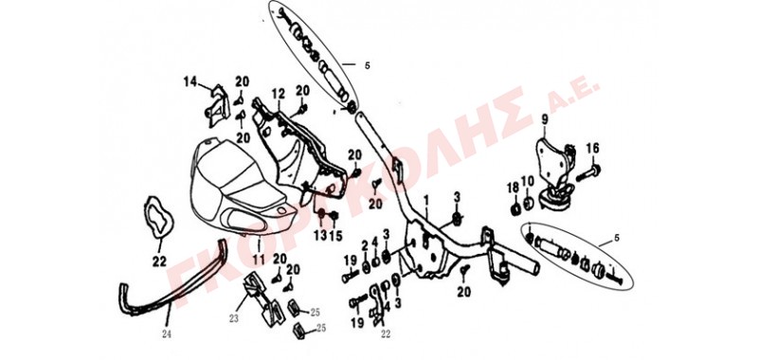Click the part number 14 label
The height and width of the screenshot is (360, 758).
pos(190,81)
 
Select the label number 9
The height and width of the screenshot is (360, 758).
pos(544,118)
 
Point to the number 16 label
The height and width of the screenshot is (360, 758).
pos(593,149)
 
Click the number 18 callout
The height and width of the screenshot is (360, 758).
pos(514,188)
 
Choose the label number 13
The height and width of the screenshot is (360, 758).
pos(320,235)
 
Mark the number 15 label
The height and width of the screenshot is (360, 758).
pos(335,235)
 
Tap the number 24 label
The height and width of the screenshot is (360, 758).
pos(167,333)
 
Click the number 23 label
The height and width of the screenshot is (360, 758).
pos(234,318)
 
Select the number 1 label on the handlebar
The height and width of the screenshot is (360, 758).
pos(426,200)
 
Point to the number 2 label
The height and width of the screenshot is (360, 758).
pos(365,244)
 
